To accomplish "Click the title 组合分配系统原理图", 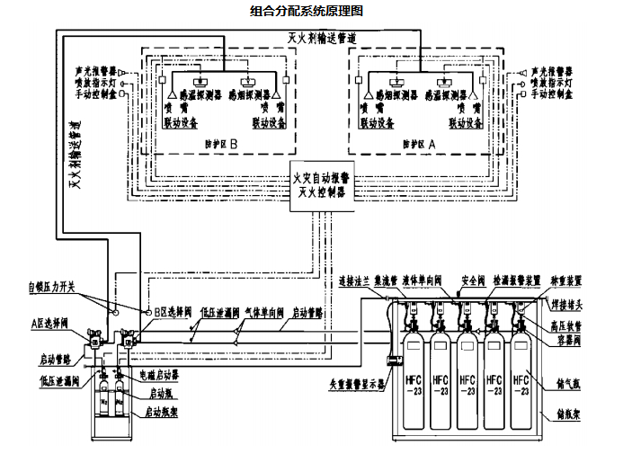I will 306,12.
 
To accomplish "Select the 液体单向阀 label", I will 423,280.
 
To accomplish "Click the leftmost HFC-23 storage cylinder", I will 414,382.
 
